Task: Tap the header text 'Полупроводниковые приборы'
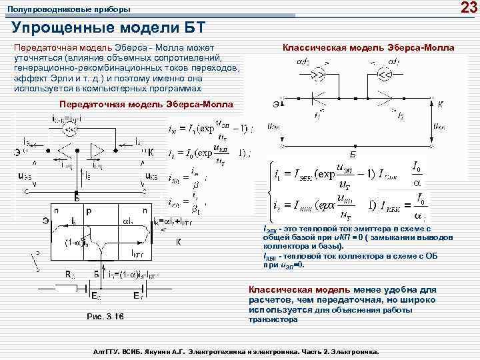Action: pos(69,10)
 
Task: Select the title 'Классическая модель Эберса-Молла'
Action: pos(368,48)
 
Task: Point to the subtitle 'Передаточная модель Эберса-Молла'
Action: pos(146,105)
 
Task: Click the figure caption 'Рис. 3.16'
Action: pos(105,315)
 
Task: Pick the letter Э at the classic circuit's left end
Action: pos(275,104)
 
